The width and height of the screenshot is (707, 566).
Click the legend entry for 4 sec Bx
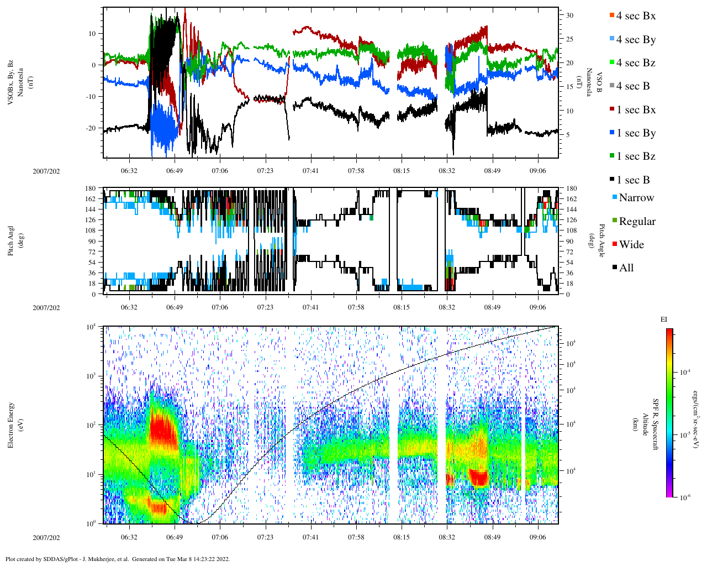635,16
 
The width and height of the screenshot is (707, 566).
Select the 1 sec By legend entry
635,133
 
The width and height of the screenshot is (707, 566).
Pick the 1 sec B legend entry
633,180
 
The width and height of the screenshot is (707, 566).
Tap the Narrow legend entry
636,198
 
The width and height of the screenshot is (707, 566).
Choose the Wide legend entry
631,245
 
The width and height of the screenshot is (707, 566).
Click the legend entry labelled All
626,268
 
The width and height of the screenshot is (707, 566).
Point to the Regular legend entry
636,222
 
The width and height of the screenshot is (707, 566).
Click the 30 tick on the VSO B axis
569,15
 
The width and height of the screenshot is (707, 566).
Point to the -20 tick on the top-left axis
89,128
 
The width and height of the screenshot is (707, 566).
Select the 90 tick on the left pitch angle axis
91,241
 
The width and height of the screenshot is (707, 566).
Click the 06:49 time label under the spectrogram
174,537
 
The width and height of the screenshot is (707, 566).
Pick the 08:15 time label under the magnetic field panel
402,171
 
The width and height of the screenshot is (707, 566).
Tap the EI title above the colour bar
664,319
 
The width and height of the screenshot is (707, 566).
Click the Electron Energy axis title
11,424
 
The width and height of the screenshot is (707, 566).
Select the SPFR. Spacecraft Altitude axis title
645,424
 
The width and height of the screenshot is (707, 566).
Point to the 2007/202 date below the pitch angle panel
46,308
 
